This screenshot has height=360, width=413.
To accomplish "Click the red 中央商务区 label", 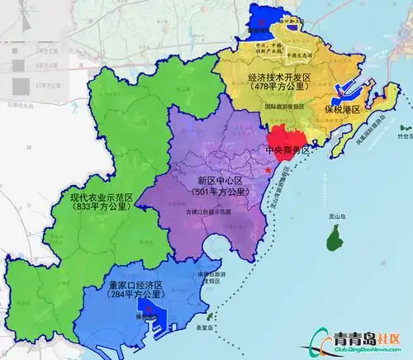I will [x=287, y=150].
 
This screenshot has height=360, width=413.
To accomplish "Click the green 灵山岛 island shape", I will [x=334, y=239].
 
